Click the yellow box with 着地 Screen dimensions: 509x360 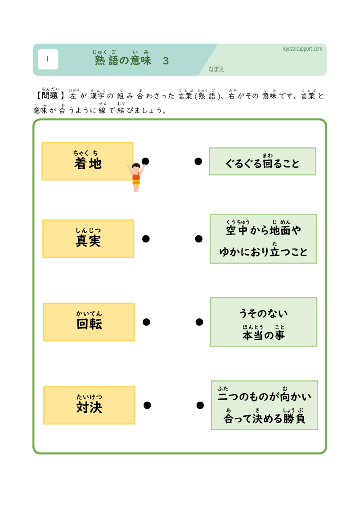tap(87, 162)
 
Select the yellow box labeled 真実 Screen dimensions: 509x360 tap(88, 239)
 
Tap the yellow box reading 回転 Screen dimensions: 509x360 tap(89, 322)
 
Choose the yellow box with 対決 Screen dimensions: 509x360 tap(89, 405)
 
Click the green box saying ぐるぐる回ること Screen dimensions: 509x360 tap(262, 162)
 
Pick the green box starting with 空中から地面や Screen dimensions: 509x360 tap(263, 239)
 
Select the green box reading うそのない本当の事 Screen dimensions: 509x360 tap(263, 322)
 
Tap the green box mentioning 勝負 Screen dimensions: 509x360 tap(264, 405)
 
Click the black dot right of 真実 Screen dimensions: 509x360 tap(146, 239)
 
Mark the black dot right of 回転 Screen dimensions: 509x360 tap(146, 322)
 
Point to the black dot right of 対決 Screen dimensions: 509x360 tap(147, 405)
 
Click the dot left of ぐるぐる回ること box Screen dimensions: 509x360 tap(198, 161)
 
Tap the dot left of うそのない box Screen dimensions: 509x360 tap(199, 322)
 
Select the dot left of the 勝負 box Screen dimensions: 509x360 tap(200, 405)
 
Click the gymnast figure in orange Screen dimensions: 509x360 tap(136, 177)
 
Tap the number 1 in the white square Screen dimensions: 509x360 tap(48, 59)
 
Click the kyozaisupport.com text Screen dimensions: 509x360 tap(303, 49)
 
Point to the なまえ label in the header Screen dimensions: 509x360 tap(216, 69)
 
